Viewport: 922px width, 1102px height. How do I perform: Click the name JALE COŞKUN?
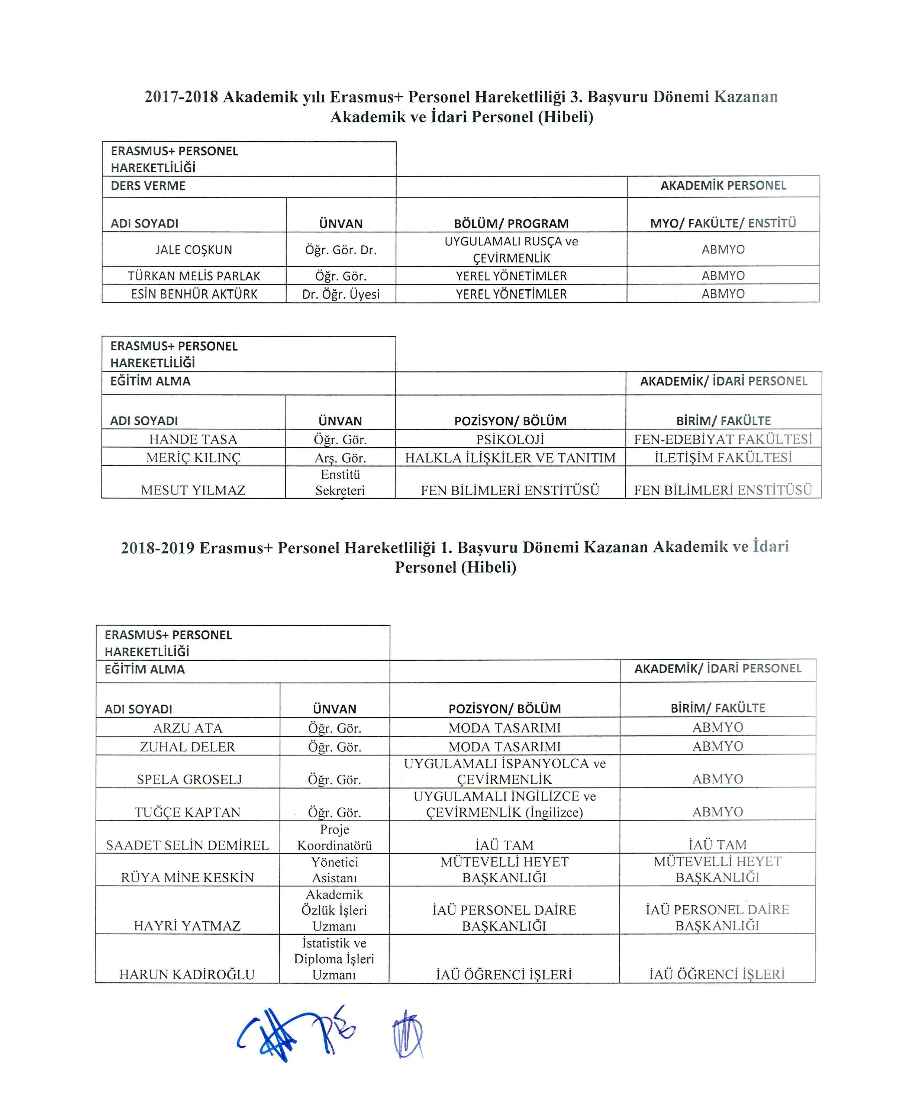tap(194, 250)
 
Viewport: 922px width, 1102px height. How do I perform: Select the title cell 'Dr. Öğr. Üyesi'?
tap(341, 294)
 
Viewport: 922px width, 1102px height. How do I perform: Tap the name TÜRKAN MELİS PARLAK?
tap(194, 276)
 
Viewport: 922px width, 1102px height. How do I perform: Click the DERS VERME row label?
tap(148, 186)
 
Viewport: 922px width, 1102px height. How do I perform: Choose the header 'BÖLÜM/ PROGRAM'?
tap(511, 223)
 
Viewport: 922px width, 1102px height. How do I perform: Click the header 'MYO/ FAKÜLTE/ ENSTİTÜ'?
tap(723, 223)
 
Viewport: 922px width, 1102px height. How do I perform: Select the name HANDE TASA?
tap(193, 439)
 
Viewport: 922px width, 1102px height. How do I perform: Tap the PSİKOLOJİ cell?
tap(510, 439)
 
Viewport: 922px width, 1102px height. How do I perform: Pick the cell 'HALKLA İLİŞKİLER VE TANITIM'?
tap(510, 458)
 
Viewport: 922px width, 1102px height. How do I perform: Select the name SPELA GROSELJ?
tap(190, 779)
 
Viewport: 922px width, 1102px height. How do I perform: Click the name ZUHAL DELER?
tap(187, 747)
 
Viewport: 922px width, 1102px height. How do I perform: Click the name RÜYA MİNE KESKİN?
tap(187, 877)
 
